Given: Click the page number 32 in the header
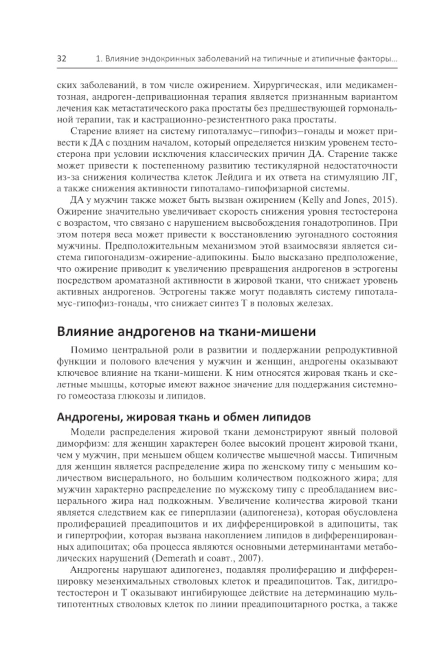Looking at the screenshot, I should point(62,59).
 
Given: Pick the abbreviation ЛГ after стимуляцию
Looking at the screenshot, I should point(389,177).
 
